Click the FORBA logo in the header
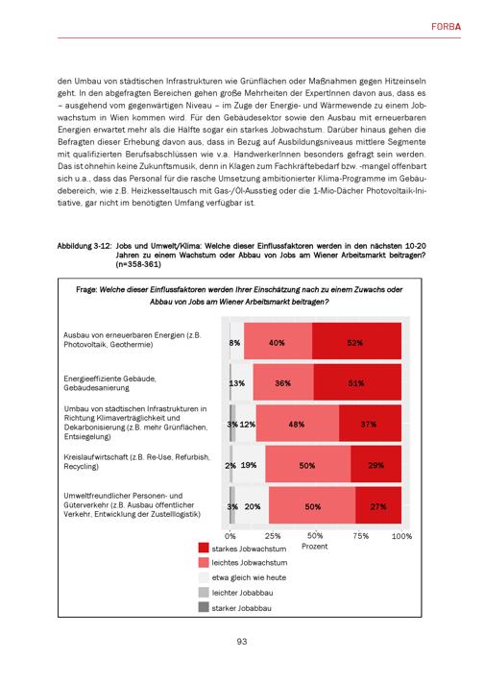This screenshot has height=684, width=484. point(446,27)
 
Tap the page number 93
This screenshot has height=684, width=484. point(242,642)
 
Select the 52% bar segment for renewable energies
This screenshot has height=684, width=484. point(356,341)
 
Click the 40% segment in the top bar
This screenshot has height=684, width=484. point(278,341)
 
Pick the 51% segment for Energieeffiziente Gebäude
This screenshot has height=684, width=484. point(357,382)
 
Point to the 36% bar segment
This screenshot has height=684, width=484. point(283,382)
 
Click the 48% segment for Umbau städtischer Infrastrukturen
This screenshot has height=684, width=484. point(298,423)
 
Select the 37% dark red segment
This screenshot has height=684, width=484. point(370,423)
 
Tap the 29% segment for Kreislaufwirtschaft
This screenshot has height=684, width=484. point(375,464)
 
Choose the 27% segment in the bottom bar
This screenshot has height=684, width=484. point(378,505)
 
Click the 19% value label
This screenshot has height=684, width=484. point(249,465)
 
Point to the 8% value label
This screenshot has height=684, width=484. point(234,343)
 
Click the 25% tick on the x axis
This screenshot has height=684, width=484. point(273,536)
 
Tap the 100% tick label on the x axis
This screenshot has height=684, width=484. point(401,536)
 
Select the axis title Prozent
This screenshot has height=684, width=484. point(314,547)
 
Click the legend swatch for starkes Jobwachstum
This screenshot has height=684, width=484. point(204,548)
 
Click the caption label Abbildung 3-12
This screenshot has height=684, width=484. point(83,246)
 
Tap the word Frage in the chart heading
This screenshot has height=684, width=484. point(86,290)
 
